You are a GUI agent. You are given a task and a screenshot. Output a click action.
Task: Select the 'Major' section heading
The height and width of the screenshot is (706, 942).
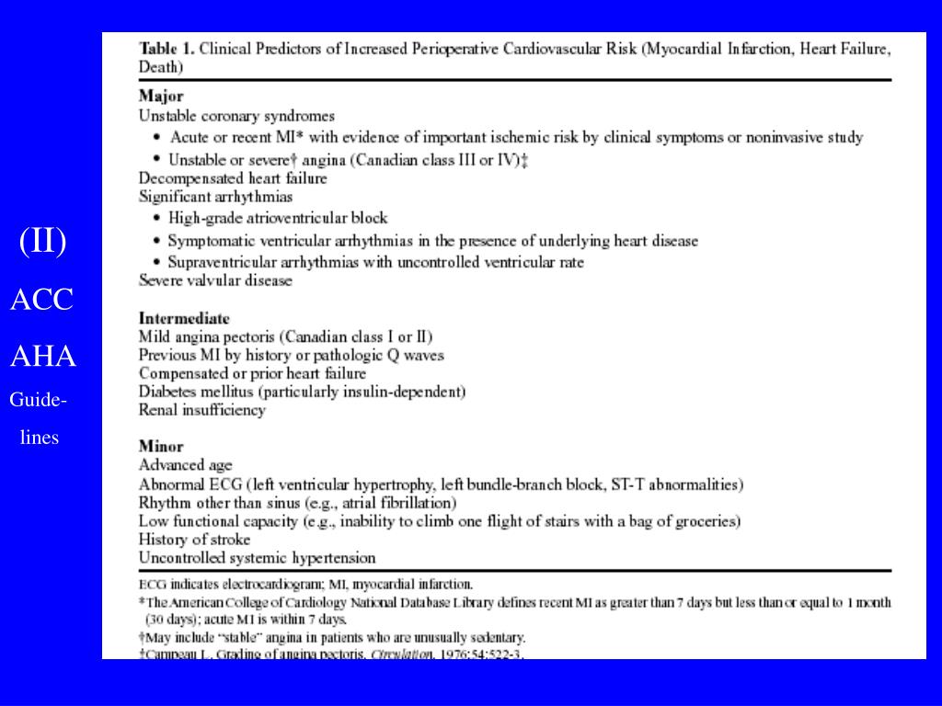click(161, 96)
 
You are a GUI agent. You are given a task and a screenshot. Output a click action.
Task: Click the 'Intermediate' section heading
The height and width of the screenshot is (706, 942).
click(184, 318)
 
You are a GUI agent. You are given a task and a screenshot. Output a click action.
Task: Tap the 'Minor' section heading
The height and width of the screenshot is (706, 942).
click(161, 446)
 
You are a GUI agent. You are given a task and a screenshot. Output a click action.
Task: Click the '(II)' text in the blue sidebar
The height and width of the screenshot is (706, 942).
click(42, 242)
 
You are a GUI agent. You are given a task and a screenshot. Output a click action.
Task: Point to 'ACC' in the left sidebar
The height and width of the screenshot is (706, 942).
click(42, 300)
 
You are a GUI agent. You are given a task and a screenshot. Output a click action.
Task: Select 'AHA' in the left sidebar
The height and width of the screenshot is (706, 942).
click(42, 357)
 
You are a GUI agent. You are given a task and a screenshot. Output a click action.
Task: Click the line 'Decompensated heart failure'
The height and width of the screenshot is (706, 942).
click(233, 177)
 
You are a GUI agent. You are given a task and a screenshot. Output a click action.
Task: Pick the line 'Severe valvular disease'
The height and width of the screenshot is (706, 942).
click(215, 280)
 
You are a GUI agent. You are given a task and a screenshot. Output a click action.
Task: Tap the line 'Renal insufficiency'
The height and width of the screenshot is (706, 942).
click(201, 410)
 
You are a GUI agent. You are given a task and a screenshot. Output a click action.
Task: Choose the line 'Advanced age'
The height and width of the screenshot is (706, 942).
click(185, 465)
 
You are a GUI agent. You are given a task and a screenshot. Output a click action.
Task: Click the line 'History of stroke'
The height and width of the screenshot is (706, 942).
click(194, 539)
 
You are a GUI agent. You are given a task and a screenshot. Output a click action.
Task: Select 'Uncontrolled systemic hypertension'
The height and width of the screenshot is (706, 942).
click(257, 557)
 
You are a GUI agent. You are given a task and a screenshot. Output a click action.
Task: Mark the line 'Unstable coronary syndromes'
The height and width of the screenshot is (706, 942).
click(236, 116)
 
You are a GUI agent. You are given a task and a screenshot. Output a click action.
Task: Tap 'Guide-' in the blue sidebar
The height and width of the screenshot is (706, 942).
click(38, 401)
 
